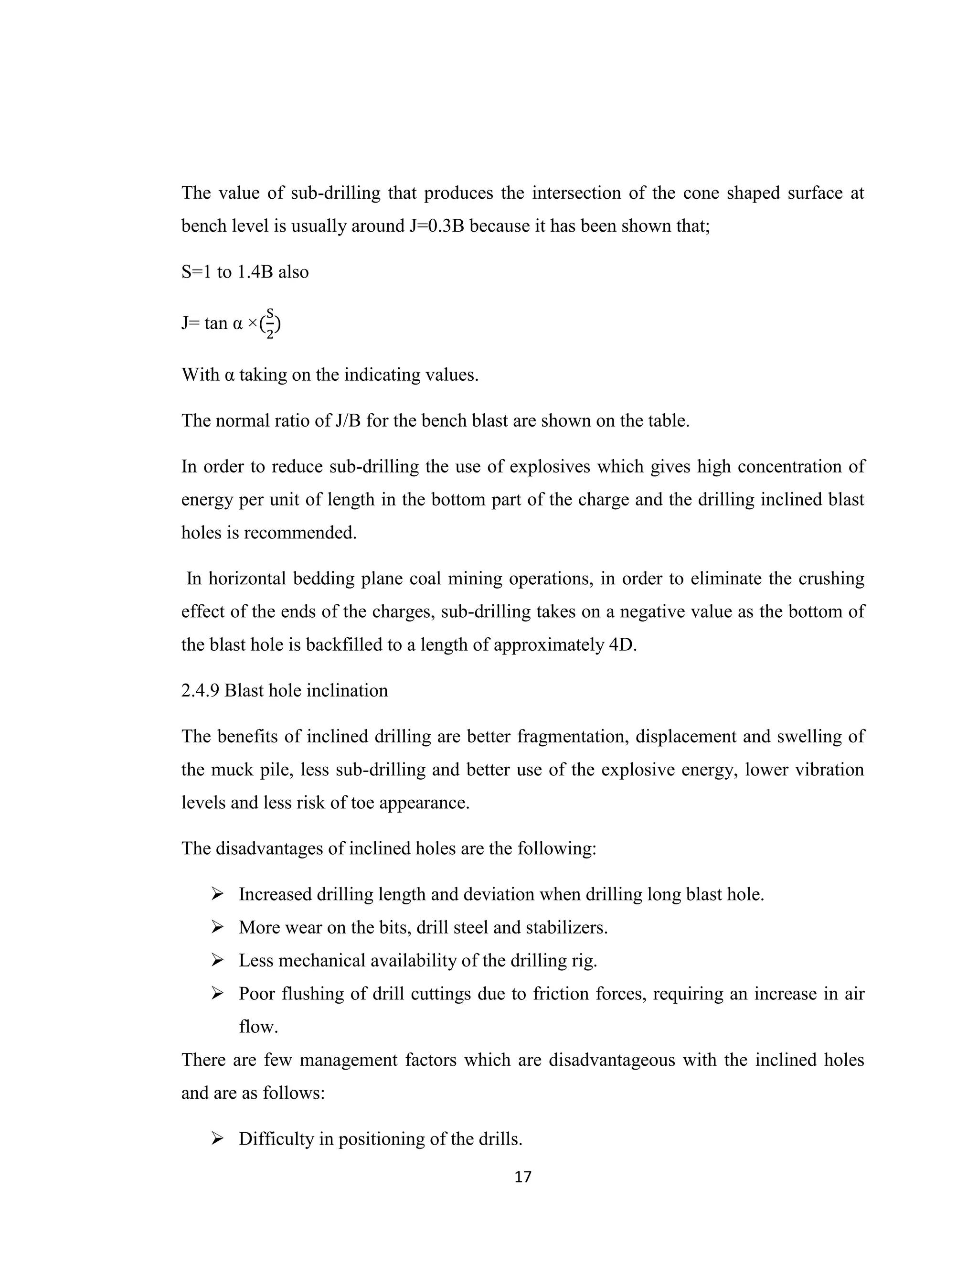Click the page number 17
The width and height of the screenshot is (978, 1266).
point(522,1177)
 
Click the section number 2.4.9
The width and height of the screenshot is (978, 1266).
point(200,690)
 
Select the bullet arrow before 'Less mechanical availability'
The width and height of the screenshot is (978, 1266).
point(217,961)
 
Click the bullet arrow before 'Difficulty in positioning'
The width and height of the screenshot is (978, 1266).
point(217,1139)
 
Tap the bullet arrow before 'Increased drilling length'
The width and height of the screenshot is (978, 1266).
point(217,894)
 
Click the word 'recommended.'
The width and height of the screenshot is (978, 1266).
point(299,532)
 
